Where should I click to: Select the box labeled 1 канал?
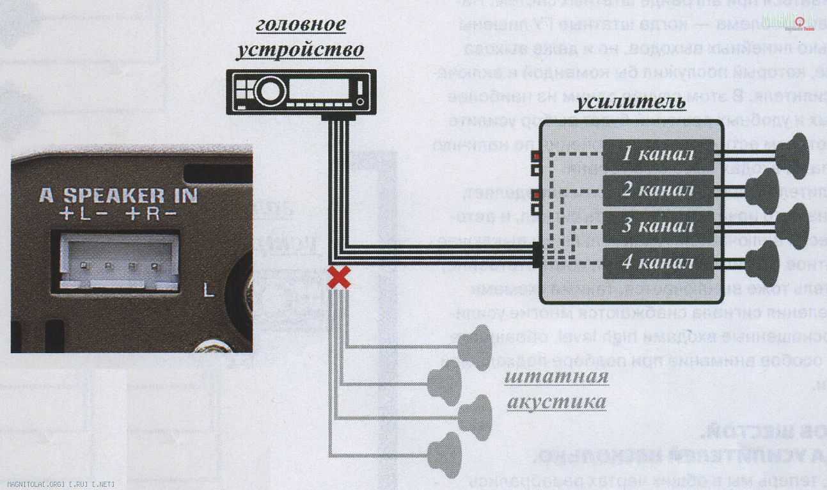[658, 154]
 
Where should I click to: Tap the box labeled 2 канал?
[658, 190]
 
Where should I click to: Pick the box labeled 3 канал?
[658, 226]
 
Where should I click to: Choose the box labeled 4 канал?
[658, 262]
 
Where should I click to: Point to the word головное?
[301, 24]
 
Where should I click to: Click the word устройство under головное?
[301, 50]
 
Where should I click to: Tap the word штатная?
[556, 376]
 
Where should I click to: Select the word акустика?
[556, 402]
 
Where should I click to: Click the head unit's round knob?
[269, 91]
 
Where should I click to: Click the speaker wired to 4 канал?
[762, 262]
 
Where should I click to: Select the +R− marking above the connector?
[151, 214]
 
